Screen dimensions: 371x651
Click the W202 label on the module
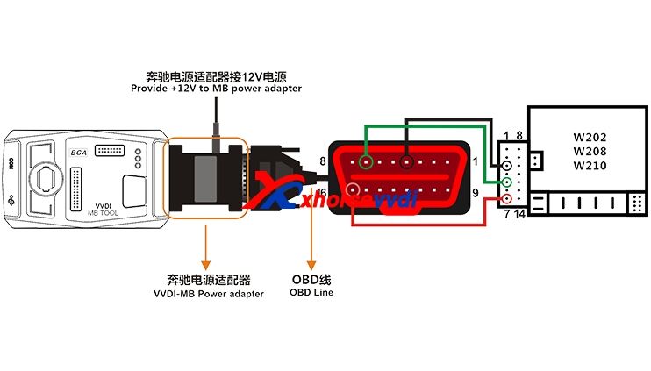click(589, 138)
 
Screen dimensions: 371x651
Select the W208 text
click(589, 153)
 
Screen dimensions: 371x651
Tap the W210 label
click(589, 168)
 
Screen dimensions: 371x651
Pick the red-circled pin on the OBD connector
click(353, 189)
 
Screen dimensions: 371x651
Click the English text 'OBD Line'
click(311, 292)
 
